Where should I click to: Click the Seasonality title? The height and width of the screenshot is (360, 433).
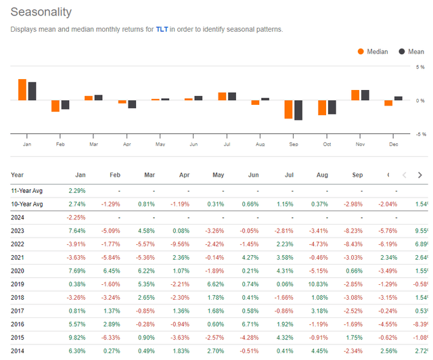point(41,12)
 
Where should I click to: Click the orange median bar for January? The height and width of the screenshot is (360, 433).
point(22,89)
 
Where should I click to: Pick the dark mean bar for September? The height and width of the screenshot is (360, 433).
point(298,110)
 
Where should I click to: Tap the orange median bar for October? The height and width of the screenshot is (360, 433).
point(322,108)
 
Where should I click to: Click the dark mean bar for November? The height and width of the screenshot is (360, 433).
point(365,95)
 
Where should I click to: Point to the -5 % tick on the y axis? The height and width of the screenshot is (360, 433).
point(419,133)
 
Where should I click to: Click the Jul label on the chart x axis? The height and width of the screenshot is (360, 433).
point(227,144)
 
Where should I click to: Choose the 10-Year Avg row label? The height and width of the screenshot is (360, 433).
point(28,204)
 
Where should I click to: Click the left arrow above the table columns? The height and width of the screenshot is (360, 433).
point(405,175)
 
